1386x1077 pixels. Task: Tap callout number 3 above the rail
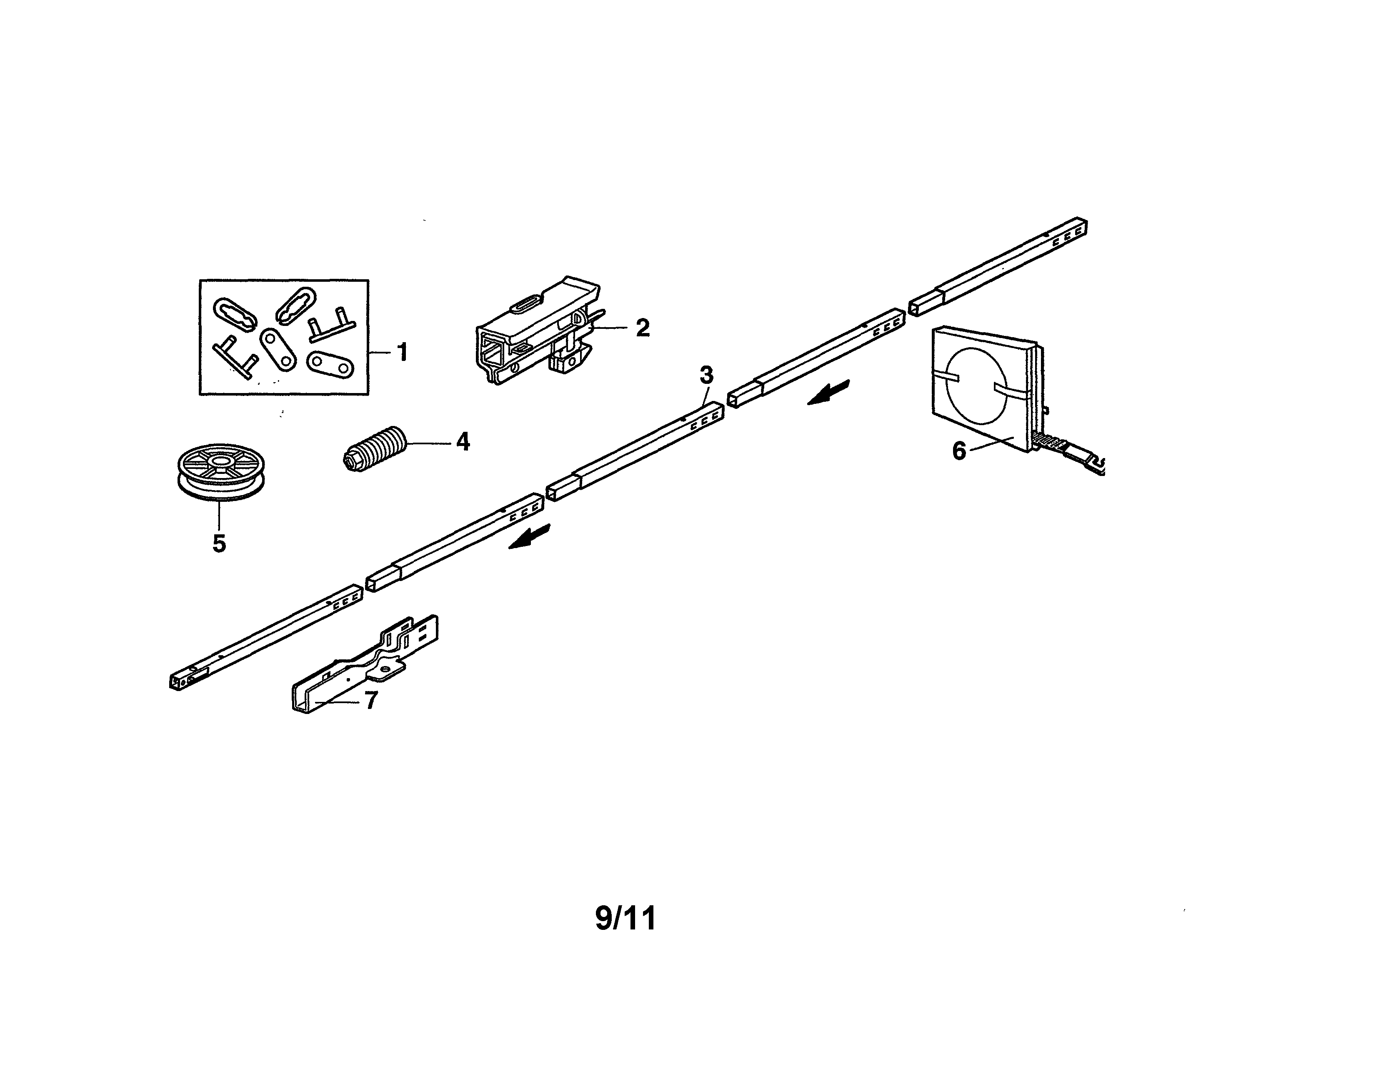click(706, 375)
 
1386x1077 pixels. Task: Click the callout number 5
click(219, 544)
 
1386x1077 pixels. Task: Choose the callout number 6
click(959, 451)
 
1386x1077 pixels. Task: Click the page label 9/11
click(626, 918)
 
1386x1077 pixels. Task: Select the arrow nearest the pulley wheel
click(530, 538)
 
